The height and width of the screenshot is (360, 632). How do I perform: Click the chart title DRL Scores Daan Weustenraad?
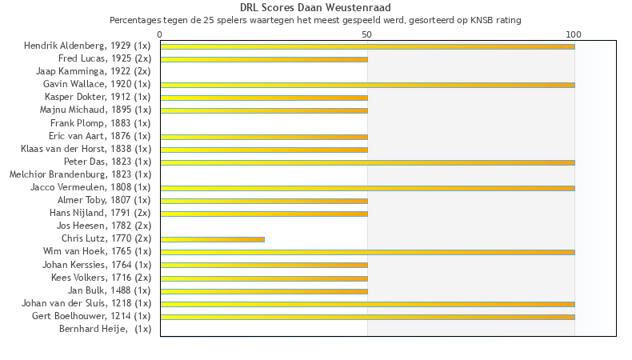(315, 8)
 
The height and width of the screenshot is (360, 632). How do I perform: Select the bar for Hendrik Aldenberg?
(367, 46)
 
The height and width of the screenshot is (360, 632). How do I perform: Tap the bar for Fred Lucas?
(264, 59)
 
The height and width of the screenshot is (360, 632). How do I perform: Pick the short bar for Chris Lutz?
(212, 239)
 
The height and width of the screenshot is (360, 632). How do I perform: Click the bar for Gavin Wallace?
(367, 85)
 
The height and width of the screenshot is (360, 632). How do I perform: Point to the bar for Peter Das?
(367, 162)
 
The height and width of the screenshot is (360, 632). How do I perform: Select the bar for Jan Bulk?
(264, 290)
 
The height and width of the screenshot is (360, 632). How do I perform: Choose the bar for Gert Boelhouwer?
(367, 317)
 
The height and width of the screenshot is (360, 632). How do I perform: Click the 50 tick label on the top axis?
(367, 34)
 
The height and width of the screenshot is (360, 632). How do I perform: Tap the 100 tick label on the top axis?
(574, 34)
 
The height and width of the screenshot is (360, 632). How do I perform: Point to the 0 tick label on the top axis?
(160, 34)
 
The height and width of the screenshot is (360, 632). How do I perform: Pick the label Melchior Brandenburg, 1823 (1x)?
(80, 174)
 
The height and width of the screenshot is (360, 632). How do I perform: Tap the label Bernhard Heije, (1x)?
(105, 329)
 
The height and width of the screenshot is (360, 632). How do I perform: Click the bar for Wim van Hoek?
(367, 252)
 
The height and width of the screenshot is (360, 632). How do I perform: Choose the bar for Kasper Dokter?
(264, 98)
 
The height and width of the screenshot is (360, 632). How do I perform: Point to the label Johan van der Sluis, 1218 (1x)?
(86, 303)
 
